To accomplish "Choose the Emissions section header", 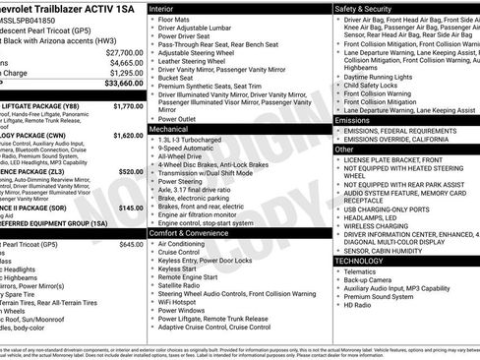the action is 355,120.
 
